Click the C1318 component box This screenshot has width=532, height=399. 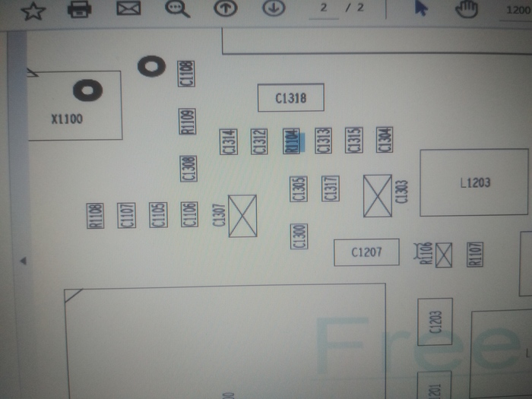(x=291, y=97)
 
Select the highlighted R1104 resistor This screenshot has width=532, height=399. (x=291, y=141)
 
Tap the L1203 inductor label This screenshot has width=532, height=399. (x=475, y=182)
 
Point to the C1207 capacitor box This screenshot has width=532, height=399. (x=366, y=252)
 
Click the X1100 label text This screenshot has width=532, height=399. (x=67, y=119)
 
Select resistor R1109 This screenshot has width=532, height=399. (x=187, y=121)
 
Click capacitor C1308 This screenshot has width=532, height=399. (x=188, y=168)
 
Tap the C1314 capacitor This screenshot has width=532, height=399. (x=229, y=141)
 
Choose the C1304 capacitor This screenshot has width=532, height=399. (x=385, y=140)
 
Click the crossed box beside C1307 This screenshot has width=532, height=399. (x=242, y=215)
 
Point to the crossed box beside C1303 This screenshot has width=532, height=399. (x=378, y=195)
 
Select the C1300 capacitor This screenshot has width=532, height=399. (x=299, y=236)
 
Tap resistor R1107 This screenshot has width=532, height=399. (x=476, y=254)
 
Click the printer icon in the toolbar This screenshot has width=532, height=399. (x=79, y=9)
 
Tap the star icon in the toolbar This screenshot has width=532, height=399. (x=33, y=11)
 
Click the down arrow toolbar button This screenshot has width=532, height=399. (x=274, y=8)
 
